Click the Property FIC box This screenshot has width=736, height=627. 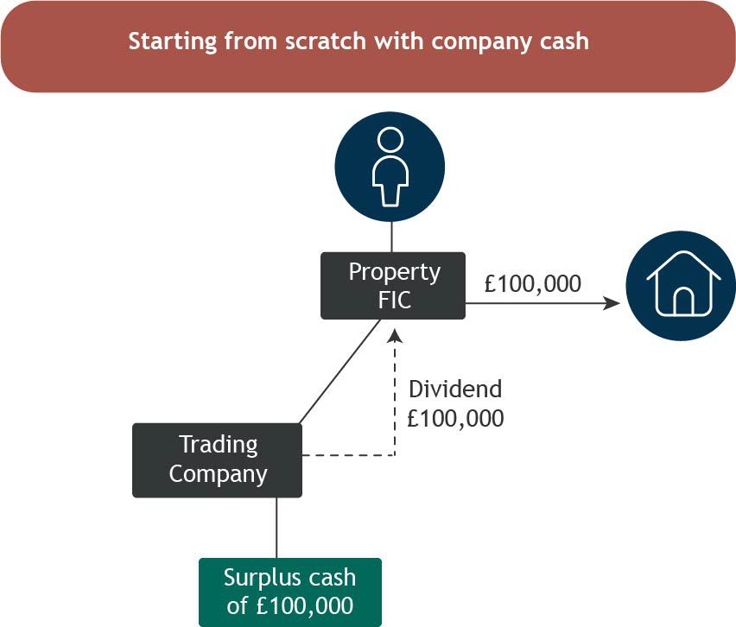[x=393, y=286]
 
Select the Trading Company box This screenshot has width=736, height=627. [x=218, y=460]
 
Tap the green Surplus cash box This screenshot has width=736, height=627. [x=290, y=592]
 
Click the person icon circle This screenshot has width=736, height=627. [x=390, y=167]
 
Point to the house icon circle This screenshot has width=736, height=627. [x=681, y=286]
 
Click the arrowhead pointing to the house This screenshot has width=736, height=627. [x=612, y=303]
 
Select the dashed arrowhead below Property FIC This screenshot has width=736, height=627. [x=395, y=335]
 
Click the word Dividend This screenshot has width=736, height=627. [x=455, y=389]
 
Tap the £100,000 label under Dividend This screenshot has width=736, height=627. [x=455, y=418]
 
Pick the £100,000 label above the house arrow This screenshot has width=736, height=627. [x=533, y=284]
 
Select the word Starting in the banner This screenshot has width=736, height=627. [x=173, y=42]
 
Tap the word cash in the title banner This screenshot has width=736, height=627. [x=564, y=41]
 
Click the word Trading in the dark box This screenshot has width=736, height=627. [x=219, y=445]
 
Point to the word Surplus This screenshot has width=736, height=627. [x=264, y=578]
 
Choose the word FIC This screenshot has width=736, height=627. [x=395, y=301]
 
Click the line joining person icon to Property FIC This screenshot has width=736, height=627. [x=391, y=237]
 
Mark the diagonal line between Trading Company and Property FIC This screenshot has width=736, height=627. [x=339, y=371]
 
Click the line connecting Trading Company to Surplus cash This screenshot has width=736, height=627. [x=276, y=528]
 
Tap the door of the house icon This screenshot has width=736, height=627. [x=683, y=301]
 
